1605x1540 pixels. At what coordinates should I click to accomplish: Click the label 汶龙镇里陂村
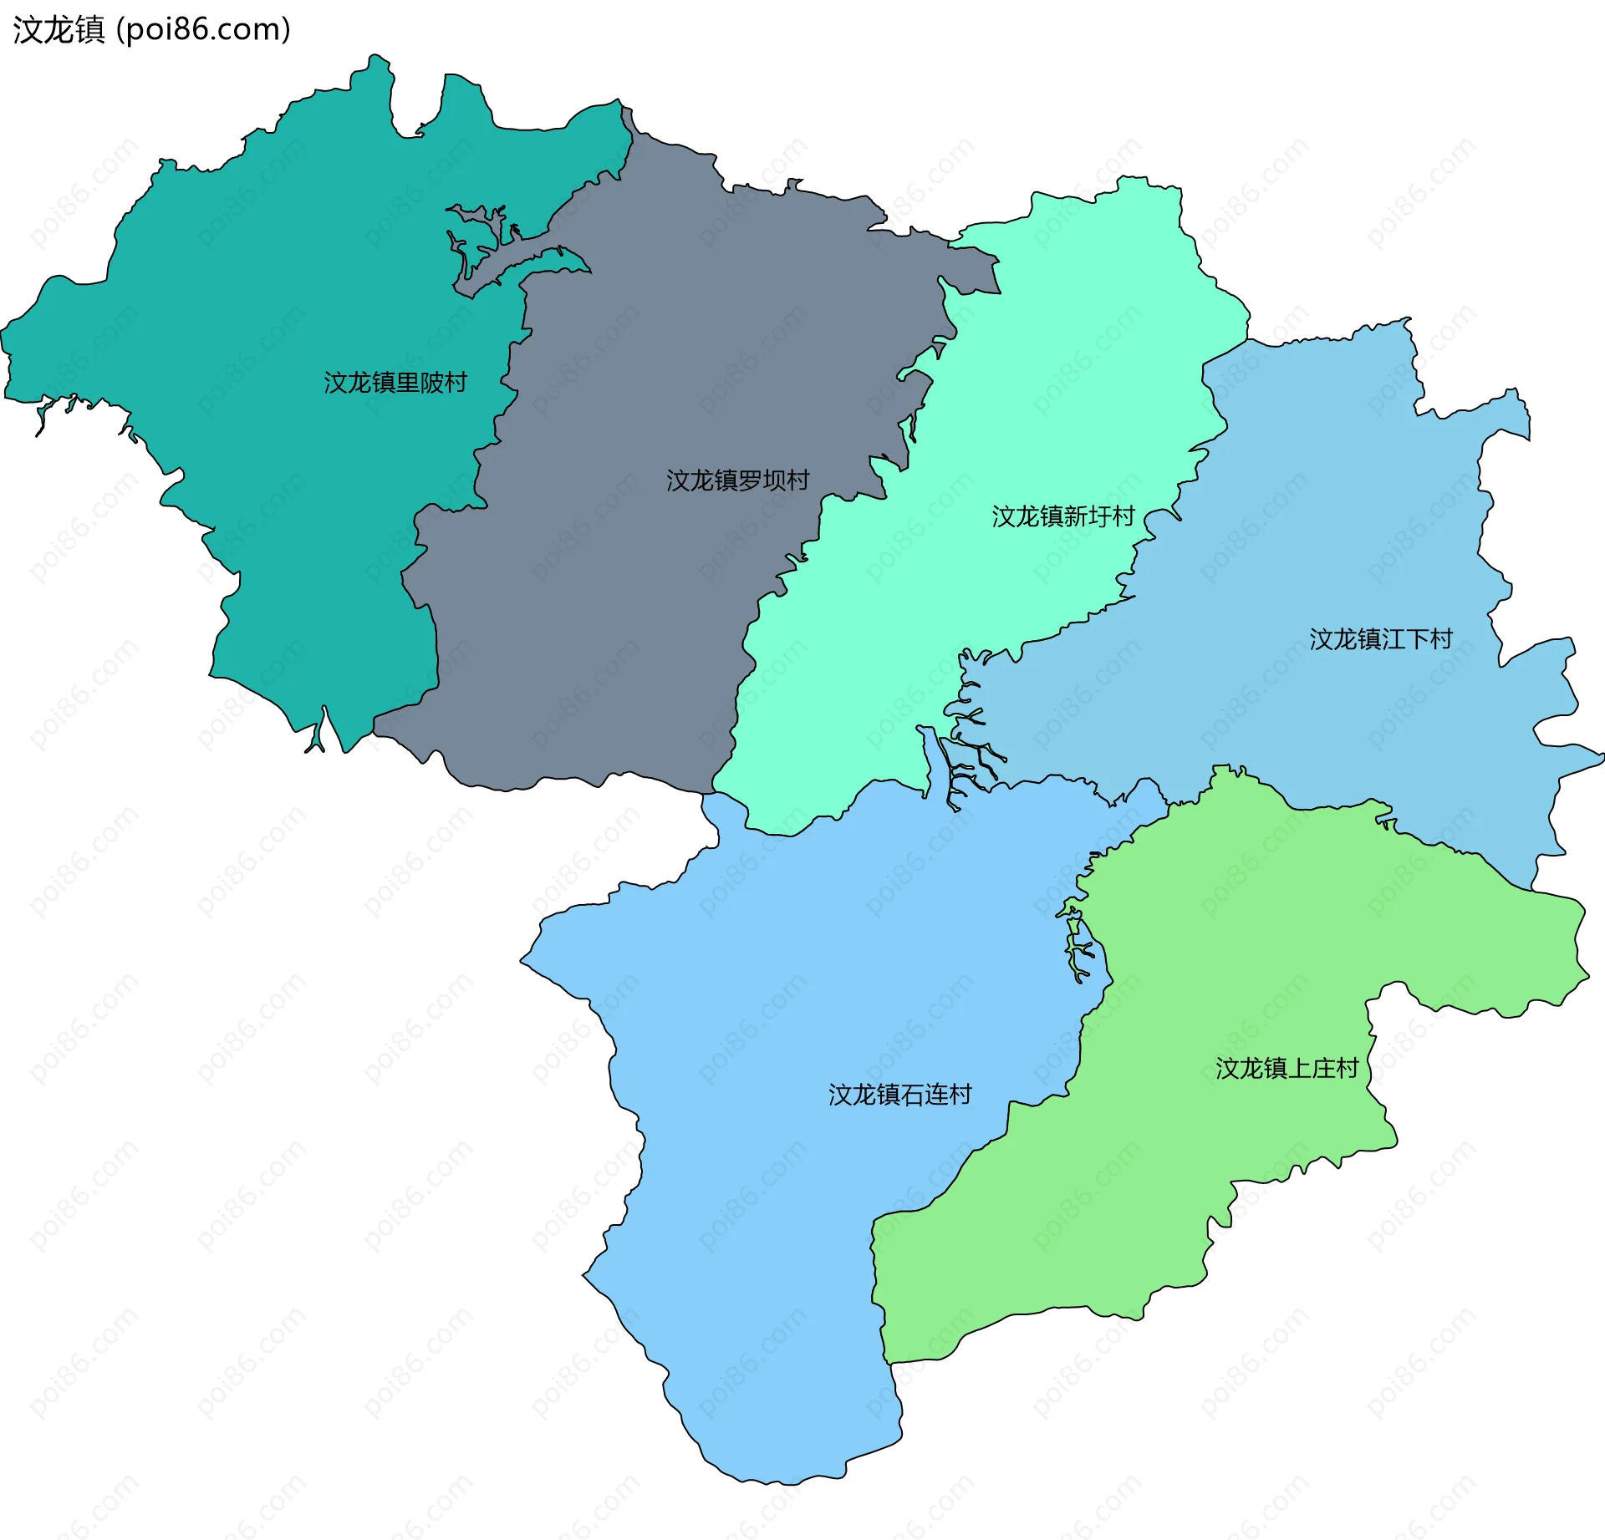click(x=395, y=383)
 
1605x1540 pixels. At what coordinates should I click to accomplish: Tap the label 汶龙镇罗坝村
click(x=737, y=480)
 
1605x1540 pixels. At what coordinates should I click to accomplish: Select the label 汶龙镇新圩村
click(x=1062, y=516)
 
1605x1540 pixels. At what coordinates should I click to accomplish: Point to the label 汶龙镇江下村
click(x=1380, y=639)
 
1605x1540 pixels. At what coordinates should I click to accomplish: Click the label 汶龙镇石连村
click(x=899, y=1095)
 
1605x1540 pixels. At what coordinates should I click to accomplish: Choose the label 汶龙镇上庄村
click(x=1287, y=1068)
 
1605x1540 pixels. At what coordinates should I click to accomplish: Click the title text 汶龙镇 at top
click(x=59, y=29)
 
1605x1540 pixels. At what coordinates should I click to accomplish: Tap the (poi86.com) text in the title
click(x=203, y=29)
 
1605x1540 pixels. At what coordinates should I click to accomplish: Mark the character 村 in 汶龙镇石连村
click(x=960, y=1095)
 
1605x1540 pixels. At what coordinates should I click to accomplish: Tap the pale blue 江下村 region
click(x=1337, y=501)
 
